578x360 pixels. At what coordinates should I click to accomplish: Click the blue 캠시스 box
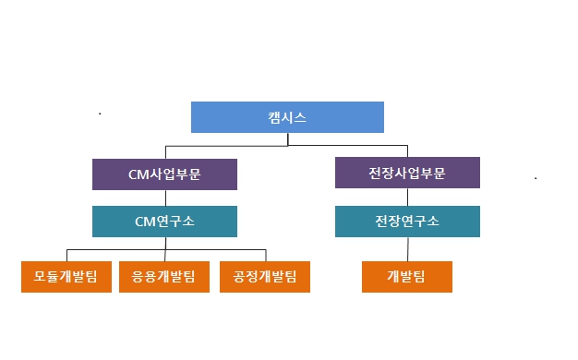coord(287,117)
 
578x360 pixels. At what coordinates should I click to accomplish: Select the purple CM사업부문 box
coord(164,174)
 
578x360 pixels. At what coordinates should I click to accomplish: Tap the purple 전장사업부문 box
coord(407,174)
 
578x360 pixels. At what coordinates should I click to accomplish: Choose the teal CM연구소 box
coord(164,222)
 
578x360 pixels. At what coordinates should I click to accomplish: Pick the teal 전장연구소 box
coord(407,222)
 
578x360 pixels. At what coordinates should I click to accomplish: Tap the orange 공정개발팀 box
coord(265,276)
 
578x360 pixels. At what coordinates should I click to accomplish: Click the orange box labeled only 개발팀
coord(407,276)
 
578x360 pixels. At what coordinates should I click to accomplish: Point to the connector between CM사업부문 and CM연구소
coord(165,198)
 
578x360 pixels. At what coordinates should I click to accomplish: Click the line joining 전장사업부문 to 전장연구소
coord(407,198)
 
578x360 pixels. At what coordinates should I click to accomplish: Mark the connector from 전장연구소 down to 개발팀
coord(407,249)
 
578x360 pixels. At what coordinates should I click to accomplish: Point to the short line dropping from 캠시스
coord(288,139)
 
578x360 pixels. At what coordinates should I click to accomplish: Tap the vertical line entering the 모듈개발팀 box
coord(66,256)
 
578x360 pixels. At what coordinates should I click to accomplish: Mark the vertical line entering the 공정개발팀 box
coord(265,256)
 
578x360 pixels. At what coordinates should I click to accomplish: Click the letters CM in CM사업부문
coord(137,174)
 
